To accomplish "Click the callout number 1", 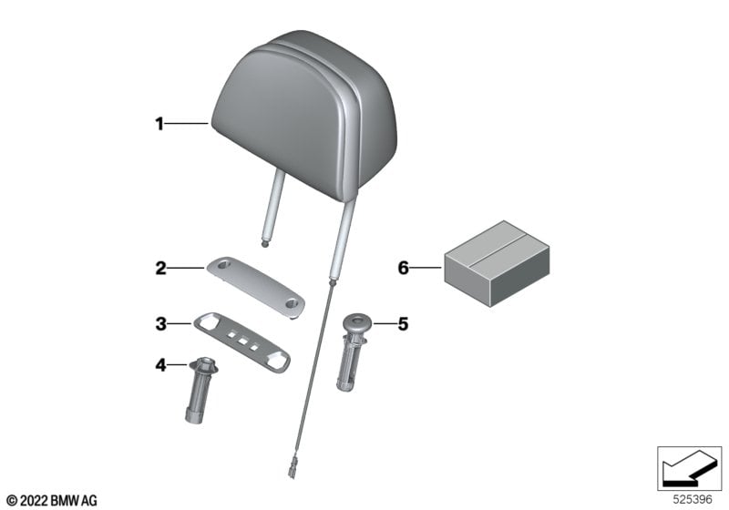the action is click(159, 124).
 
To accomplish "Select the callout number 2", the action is click(161, 269).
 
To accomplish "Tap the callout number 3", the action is click(161, 323).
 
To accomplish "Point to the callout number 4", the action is click(161, 365).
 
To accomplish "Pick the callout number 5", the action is click(403, 323).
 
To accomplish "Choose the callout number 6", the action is click(403, 268).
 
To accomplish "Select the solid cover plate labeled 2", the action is click(256, 287).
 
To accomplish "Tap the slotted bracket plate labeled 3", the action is click(241, 342).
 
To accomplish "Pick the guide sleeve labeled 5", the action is click(353, 352).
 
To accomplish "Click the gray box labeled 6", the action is click(497, 263).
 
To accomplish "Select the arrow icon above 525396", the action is click(689, 468).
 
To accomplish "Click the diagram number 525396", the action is click(693, 500).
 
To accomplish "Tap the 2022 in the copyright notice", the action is click(34, 501).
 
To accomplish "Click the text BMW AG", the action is click(74, 501).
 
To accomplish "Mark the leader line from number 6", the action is click(426, 268).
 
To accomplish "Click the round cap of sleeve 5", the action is click(357, 321).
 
